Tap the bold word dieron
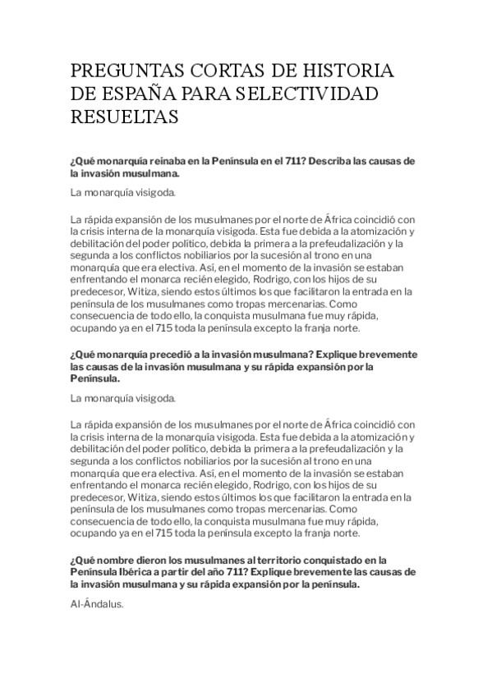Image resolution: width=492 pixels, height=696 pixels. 148,560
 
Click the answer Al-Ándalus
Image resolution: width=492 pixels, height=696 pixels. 97,603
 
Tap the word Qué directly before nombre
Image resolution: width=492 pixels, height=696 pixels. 80,560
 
